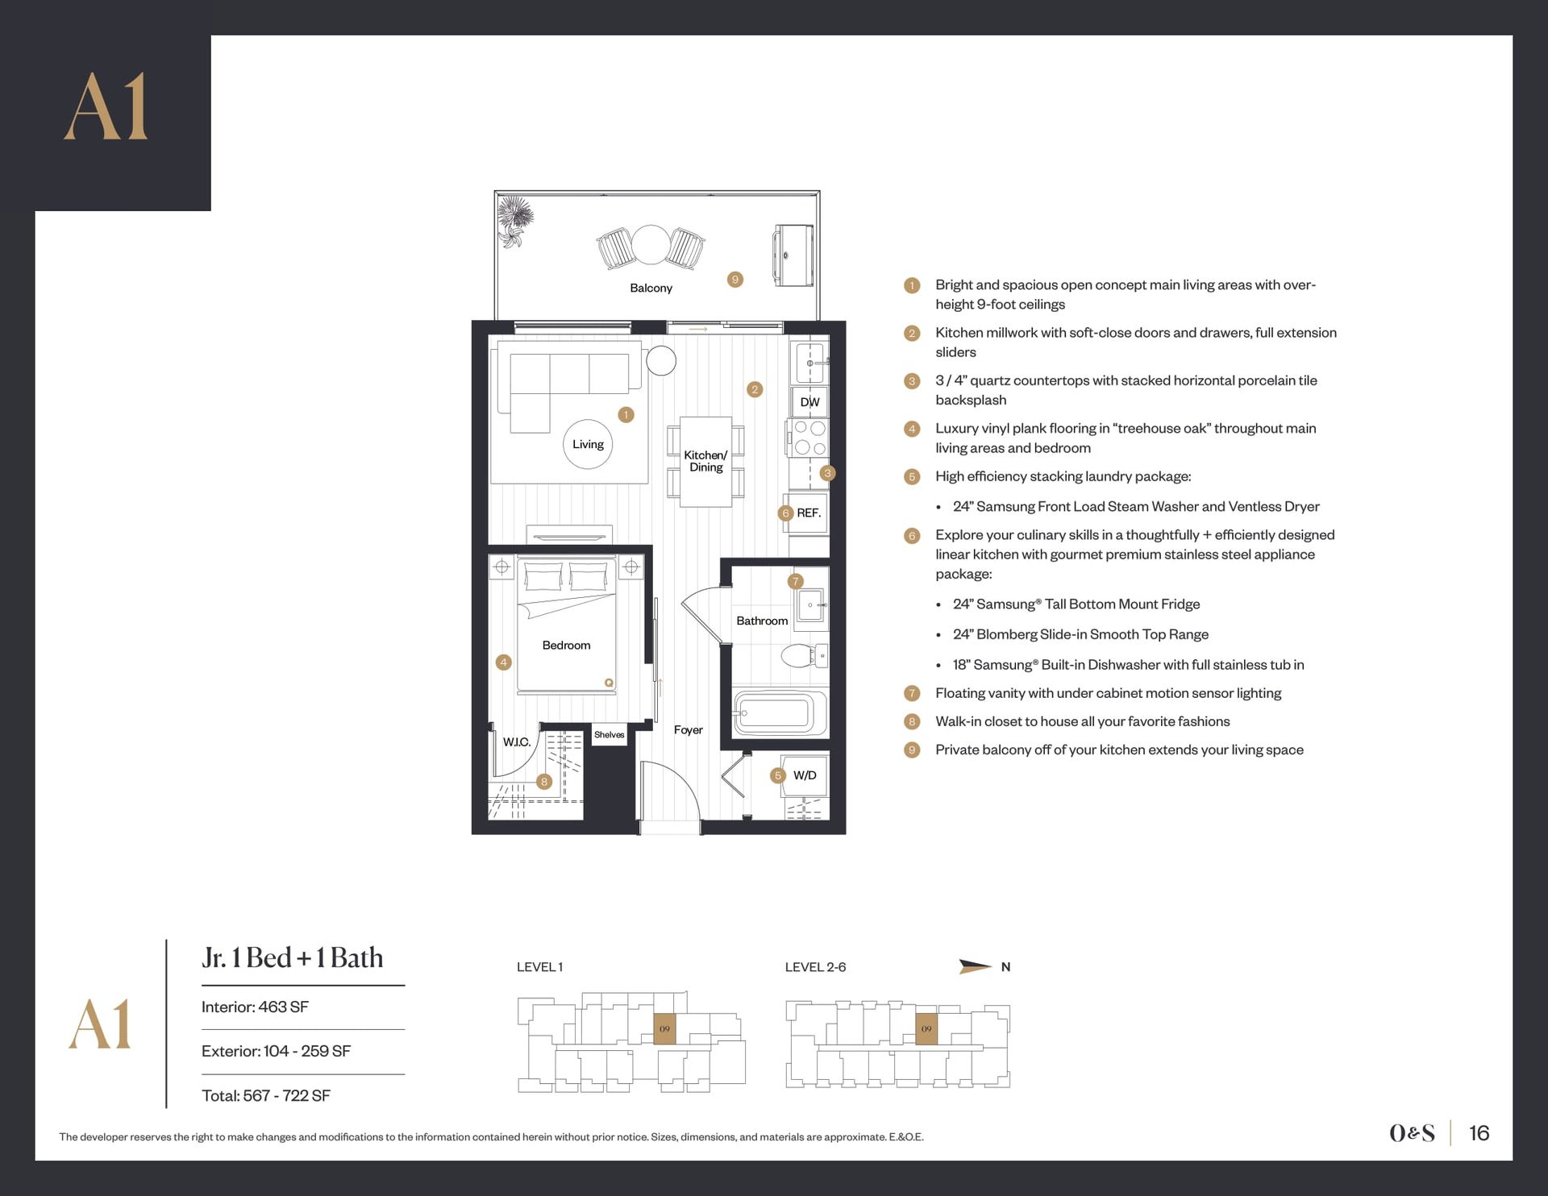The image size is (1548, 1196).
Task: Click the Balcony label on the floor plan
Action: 651,288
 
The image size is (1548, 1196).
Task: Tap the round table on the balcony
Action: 651,244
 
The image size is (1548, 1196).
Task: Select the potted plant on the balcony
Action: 513,222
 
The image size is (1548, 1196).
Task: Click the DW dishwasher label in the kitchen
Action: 809,402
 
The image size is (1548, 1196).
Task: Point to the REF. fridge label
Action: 809,513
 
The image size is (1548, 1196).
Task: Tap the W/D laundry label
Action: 805,775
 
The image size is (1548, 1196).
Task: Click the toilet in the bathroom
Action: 804,655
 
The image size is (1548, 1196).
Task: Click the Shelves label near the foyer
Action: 609,734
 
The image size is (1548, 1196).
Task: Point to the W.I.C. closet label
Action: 517,741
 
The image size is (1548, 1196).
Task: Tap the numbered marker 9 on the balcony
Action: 734,280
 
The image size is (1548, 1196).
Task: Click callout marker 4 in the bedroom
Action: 503,662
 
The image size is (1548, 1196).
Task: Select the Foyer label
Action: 688,729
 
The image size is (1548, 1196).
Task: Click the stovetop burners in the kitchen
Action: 809,438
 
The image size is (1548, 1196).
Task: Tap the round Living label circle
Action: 588,444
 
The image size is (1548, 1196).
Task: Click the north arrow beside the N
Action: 975,966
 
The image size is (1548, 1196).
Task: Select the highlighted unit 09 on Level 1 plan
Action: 664,1029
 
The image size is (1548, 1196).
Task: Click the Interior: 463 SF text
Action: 255,1007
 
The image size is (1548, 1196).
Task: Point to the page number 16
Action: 1479,1133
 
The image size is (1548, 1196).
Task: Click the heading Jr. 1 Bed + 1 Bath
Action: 293,957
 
